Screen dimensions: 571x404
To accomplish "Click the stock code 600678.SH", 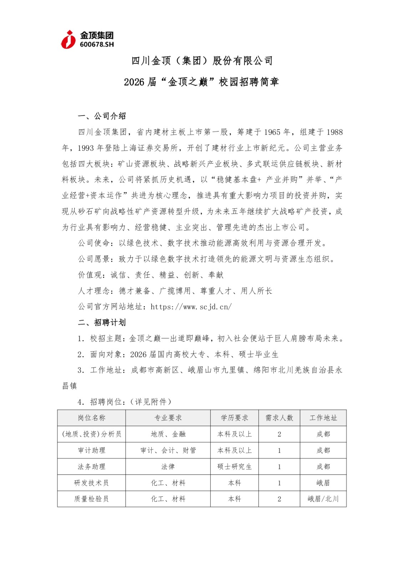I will (97, 45).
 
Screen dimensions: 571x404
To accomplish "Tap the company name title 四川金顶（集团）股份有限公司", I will (202, 61).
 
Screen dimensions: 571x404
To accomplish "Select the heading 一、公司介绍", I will (102, 116).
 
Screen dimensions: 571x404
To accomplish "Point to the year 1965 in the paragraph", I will (272, 132).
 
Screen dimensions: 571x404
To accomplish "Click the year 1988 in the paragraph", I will (334, 132).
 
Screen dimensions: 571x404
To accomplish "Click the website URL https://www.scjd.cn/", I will (191, 307).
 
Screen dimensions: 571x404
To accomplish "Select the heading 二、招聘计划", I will (102, 323).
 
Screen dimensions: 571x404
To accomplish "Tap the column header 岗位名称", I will (92, 418).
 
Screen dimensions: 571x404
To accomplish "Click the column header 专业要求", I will (168, 418).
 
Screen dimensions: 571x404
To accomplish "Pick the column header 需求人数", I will (279, 418).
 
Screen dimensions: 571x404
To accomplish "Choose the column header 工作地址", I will (323, 418).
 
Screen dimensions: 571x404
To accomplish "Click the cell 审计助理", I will (92, 450).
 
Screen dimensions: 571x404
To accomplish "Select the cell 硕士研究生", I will (234, 467).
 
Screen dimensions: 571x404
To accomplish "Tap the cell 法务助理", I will (92, 467).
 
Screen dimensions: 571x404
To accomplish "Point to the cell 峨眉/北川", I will (323, 499).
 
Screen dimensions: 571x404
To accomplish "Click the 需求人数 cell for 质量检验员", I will (279, 499).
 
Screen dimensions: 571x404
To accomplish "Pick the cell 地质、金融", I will (168, 434).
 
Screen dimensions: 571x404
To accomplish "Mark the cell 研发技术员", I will (92, 483).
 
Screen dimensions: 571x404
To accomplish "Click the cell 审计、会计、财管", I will (168, 450).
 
